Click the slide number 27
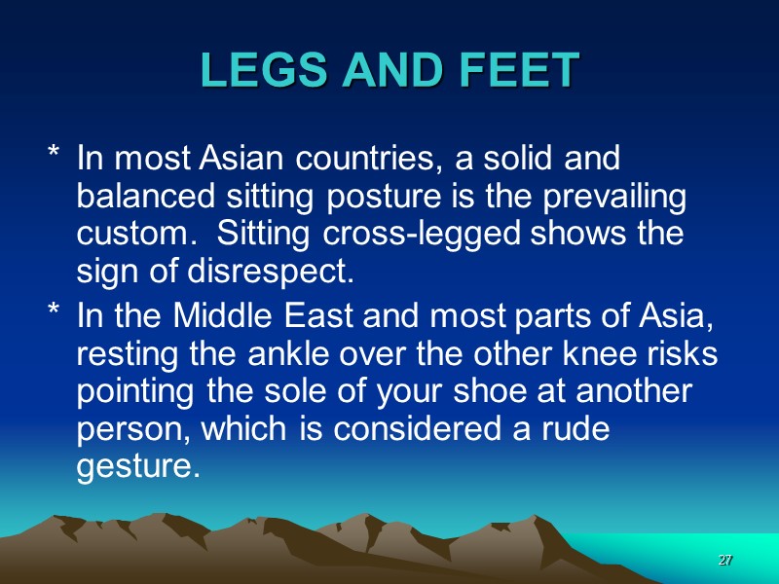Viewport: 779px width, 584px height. [724, 562]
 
